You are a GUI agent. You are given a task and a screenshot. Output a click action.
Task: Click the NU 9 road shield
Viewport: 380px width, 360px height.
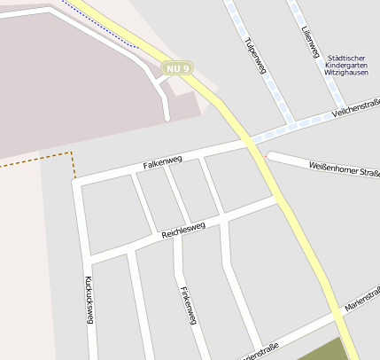pos(177,67)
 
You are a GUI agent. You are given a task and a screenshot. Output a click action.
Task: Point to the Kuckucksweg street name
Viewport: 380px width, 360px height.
pos(88,300)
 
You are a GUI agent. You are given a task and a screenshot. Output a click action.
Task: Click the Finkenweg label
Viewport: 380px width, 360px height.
pos(186,307)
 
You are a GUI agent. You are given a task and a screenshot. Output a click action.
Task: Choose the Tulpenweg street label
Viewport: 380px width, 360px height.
pos(256,59)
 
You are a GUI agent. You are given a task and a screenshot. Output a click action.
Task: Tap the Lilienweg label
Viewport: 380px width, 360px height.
pos(309,42)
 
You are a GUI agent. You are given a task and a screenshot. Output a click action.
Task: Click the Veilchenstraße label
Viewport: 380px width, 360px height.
pos(354,112)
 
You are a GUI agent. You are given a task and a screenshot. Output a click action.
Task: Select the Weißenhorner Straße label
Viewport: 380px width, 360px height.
pos(344,168)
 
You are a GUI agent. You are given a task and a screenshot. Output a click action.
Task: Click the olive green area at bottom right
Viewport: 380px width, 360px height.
pos(323,351)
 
